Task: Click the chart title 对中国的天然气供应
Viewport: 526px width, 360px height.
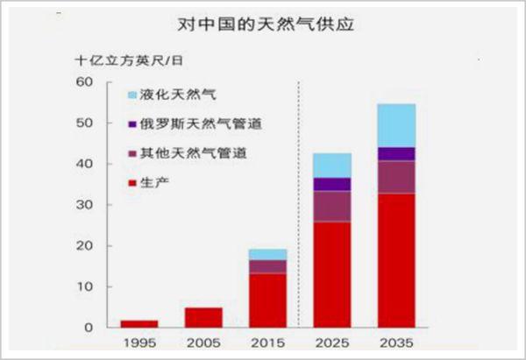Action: tap(263, 26)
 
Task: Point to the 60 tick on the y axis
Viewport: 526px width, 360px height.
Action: tap(84, 82)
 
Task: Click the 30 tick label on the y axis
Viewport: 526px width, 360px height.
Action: tap(84, 205)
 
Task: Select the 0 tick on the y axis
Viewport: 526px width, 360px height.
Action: tap(89, 328)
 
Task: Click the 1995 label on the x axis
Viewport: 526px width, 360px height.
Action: tap(139, 343)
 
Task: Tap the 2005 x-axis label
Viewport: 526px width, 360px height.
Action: tap(203, 343)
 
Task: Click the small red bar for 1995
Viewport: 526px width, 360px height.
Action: tap(139, 324)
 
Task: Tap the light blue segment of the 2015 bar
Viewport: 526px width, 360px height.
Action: tap(268, 254)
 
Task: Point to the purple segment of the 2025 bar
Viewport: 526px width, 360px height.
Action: tap(332, 184)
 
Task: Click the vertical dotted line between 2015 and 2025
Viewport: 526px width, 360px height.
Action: tap(300, 201)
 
